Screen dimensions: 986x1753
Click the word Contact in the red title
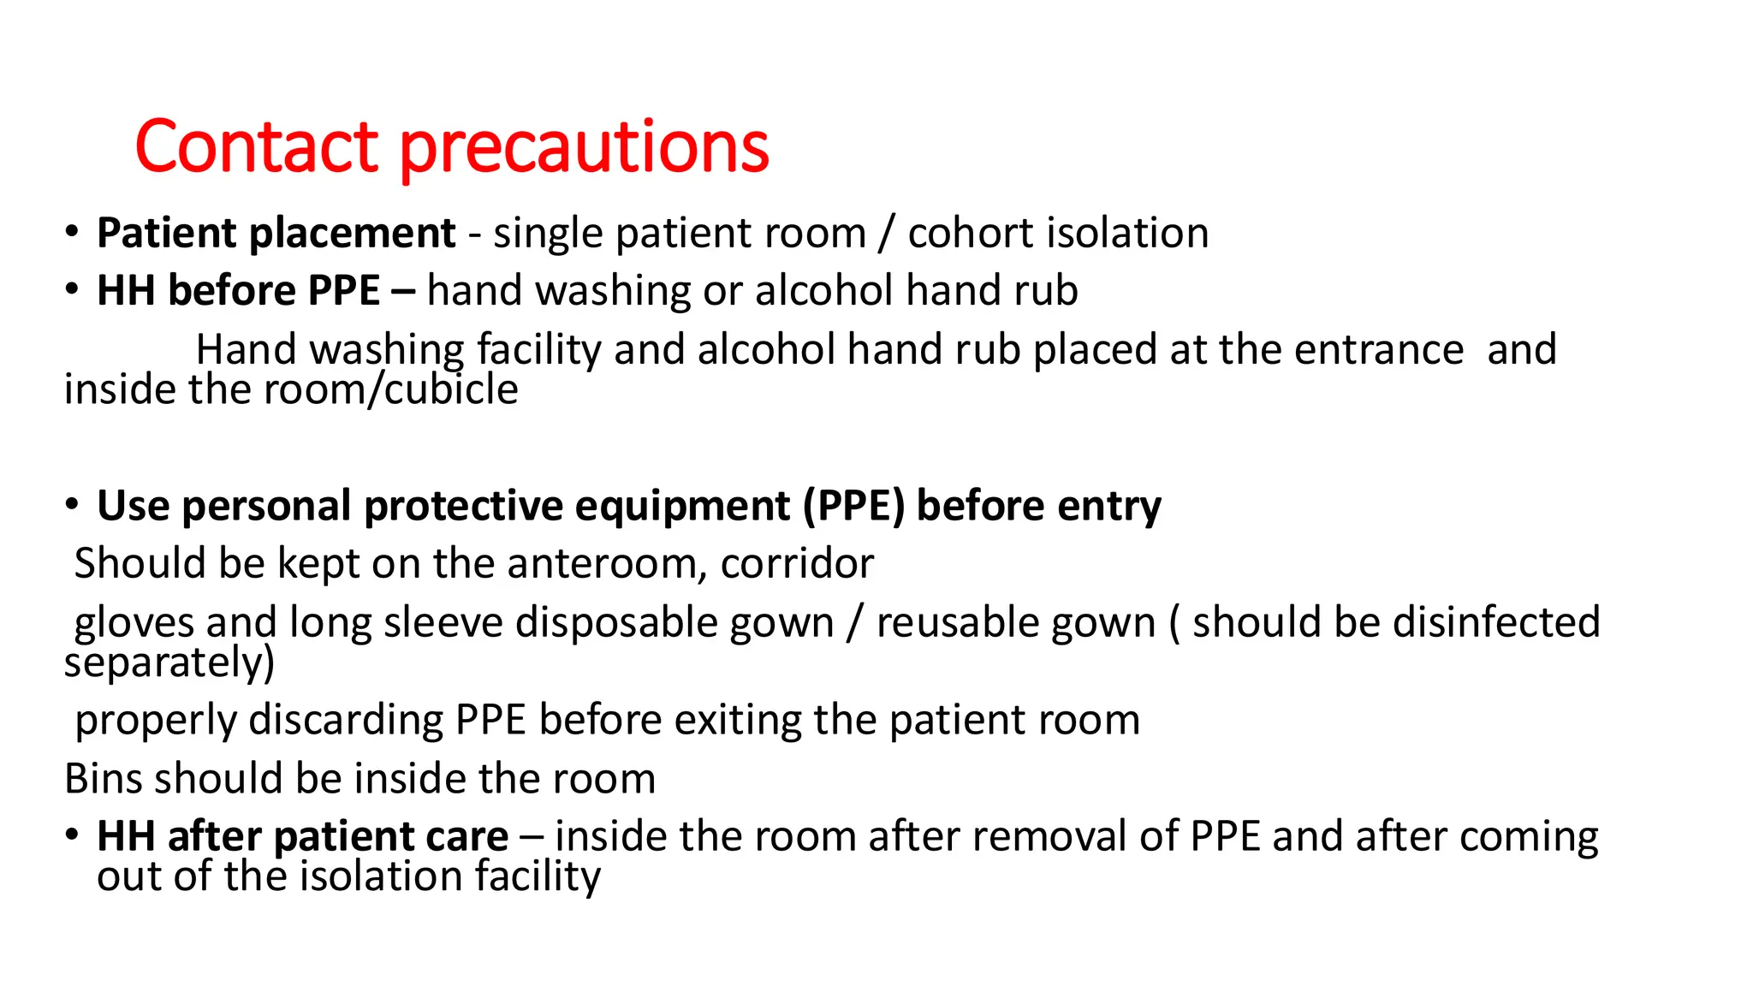click(256, 147)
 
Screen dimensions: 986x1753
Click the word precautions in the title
click(585, 147)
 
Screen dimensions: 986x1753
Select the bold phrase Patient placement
click(276, 234)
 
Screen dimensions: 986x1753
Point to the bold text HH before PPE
click(238, 291)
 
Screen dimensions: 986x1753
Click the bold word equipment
click(682, 506)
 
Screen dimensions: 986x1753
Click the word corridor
click(797, 564)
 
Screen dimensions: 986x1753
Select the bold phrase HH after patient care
click(302, 837)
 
